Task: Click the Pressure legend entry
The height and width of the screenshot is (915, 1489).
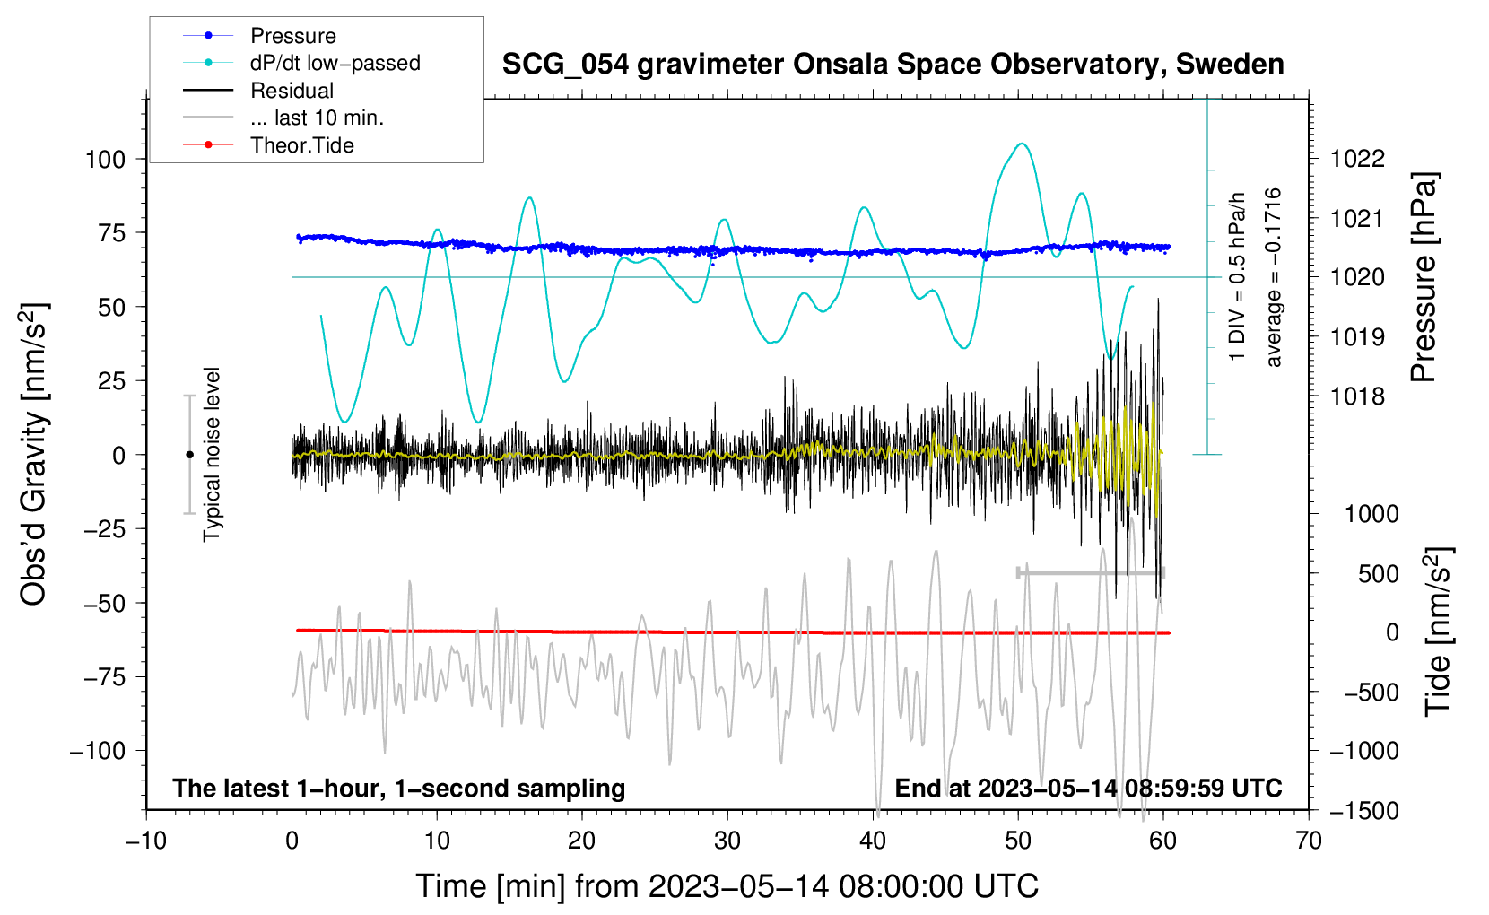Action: tap(259, 35)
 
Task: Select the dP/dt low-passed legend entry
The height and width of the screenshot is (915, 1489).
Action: tap(301, 63)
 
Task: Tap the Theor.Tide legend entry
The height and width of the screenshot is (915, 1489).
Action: tap(268, 145)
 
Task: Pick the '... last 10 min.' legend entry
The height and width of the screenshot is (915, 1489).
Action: tap(283, 118)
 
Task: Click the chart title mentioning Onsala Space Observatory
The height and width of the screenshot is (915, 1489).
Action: tap(893, 65)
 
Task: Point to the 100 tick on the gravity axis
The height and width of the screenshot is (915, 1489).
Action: tap(105, 160)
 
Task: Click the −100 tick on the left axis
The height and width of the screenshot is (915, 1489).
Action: tap(98, 751)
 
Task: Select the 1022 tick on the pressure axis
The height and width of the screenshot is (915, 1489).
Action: tap(1357, 159)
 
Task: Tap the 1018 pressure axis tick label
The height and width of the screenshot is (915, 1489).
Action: tap(1357, 396)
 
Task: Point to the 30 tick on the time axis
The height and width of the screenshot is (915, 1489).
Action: tap(727, 841)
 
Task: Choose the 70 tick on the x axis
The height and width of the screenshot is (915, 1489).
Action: tap(1308, 841)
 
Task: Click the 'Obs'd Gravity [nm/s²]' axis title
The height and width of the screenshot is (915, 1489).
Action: tap(34, 454)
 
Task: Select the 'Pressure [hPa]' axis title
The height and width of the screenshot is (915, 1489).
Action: tap(1424, 277)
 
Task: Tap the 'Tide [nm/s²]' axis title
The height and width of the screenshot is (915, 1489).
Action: tap(1438, 632)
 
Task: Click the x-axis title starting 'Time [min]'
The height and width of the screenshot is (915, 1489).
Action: tap(727, 886)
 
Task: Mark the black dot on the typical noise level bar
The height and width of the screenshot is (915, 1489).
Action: tap(189, 455)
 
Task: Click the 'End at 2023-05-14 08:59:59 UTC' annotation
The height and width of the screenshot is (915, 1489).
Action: tap(1088, 788)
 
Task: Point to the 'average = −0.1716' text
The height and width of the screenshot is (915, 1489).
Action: tap(1272, 277)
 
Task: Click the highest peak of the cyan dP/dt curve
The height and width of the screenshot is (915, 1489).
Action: tap(1022, 143)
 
